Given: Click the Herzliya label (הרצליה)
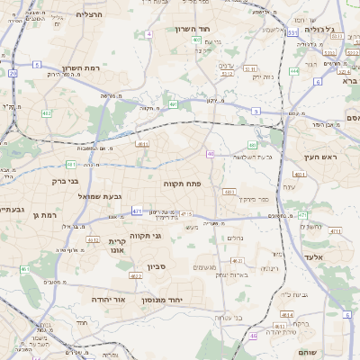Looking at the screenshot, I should point(89,14).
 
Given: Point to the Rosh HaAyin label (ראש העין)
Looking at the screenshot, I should point(320,157).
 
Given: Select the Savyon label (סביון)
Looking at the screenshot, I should point(157,267).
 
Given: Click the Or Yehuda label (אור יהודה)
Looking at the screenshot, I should point(112,299).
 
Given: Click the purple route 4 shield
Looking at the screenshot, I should point(148,33).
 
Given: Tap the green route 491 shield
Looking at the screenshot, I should point(173,104).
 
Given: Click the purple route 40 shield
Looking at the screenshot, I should point(210,154).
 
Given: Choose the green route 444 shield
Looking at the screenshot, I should point(294,71).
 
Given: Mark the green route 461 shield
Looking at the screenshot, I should point(25,269).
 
